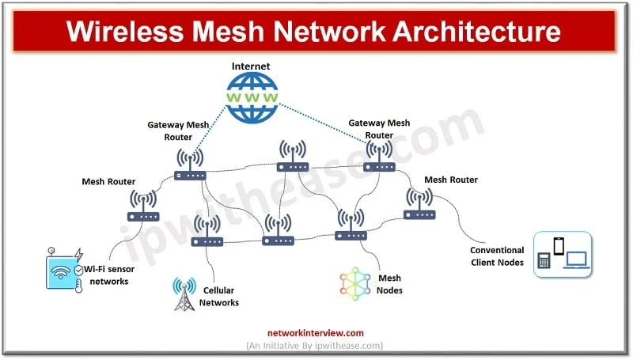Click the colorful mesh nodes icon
point(355,285)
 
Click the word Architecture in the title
point(471,31)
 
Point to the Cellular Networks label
point(219,297)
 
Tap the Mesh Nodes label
point(389,285)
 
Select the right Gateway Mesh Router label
point(379,128)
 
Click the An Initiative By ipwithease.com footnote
point(314,346)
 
